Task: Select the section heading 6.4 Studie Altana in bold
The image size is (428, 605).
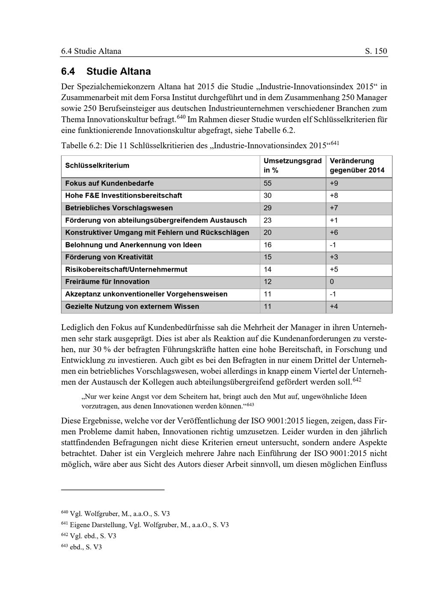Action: (x=106, y=71)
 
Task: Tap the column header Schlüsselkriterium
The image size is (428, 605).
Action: (x=97, y=166)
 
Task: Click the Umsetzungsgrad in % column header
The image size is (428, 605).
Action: (x=292, y=166)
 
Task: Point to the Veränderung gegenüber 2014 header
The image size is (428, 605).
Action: (x=357, y=166)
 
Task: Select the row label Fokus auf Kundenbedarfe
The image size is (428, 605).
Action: (x=110, y=184)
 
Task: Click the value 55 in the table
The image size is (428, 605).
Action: (x=267, y=184)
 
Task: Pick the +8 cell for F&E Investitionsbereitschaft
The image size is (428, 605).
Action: (x=334, y=196)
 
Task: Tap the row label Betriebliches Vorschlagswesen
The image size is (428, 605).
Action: (x=119, y=208)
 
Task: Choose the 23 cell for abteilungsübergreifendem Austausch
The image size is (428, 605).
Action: (x=267, y=220)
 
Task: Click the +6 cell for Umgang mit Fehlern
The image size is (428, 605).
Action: (x=334, y=233)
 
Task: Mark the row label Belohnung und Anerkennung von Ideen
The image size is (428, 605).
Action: (x=133, y=245)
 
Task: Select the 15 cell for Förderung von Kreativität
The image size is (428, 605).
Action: (x=267, y=257)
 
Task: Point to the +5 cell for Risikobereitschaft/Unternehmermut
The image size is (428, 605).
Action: (x=334, y=270)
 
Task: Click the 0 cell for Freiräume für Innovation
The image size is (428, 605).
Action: (x=332, y=282)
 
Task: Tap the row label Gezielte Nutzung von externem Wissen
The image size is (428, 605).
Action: (x=132, y=307)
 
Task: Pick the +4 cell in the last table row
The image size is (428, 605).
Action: (x=334, y=307)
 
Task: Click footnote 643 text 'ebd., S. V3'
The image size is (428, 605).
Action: (x=86, y=547)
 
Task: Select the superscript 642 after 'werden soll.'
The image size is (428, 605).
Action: (x=357, y=380)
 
